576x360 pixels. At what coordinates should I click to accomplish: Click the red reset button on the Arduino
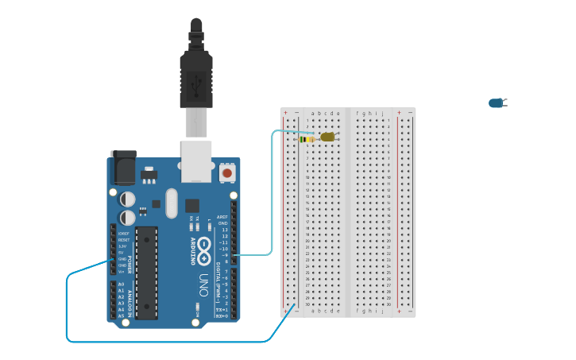227,172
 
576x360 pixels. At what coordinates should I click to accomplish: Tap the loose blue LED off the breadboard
497,103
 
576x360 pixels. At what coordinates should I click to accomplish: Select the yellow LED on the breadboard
327,137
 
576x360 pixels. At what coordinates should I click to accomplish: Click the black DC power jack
123,168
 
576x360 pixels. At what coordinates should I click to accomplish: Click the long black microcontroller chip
146,273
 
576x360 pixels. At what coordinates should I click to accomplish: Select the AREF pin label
222,216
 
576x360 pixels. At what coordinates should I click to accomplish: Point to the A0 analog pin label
121,284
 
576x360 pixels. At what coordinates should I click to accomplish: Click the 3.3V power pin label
123,246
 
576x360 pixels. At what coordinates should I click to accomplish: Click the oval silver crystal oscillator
172,203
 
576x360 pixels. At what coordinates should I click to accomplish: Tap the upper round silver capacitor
128,199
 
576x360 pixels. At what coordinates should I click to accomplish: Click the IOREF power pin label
123,233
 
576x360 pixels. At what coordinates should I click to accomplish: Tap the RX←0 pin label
222,316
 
